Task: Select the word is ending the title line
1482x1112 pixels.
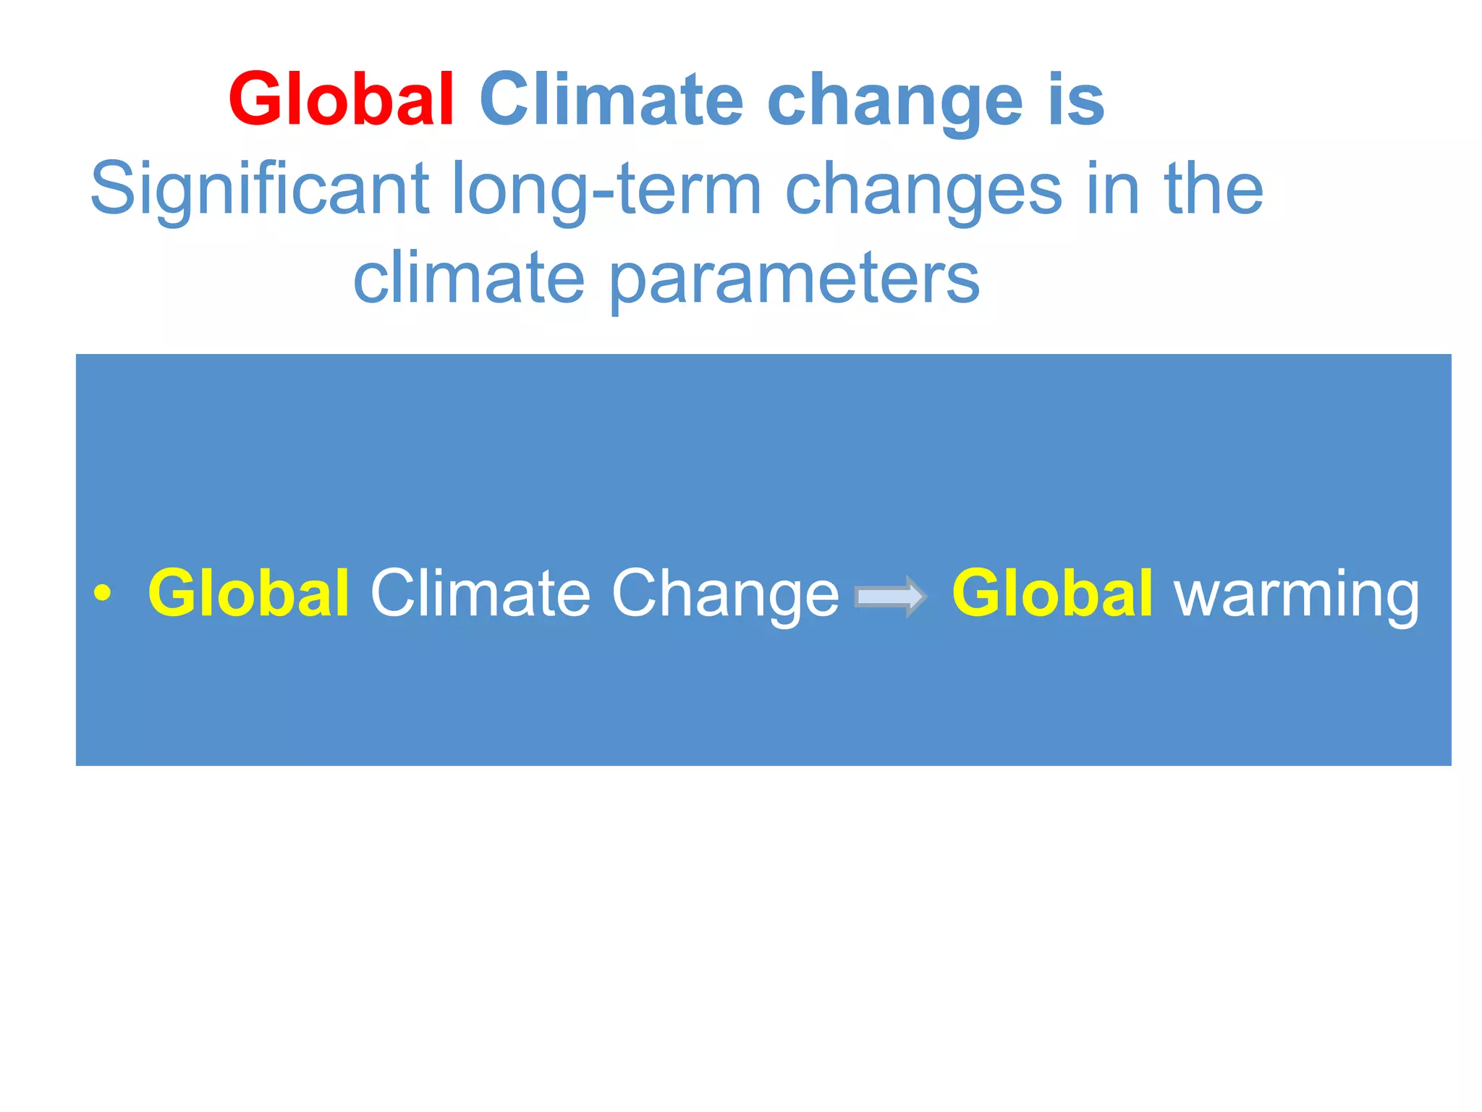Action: [1076, 100]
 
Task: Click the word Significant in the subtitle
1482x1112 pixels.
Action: [259, 190]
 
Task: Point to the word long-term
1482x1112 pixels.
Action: [606, 190]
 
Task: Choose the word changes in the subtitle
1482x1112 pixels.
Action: [924, 190]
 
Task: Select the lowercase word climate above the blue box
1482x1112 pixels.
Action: [469, 278]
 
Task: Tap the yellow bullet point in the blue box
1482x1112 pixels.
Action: [103, 593]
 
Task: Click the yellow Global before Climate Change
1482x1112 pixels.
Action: [249, 593]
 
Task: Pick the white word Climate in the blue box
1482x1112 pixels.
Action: [480, 593]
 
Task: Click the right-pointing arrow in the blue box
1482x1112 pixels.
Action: [890, 596]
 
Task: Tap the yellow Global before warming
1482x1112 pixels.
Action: [1052, 593]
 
